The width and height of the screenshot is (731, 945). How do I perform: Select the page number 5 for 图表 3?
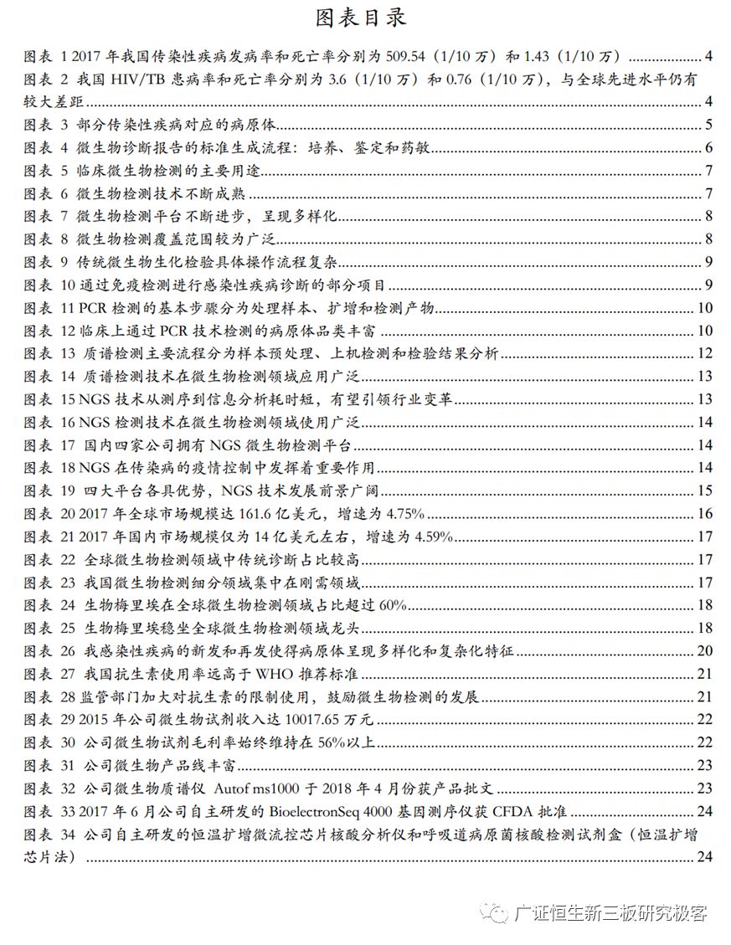point(708,126)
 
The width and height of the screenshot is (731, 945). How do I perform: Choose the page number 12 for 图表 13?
point(704,353)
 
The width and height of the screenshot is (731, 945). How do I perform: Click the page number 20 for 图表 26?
point(704,650)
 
